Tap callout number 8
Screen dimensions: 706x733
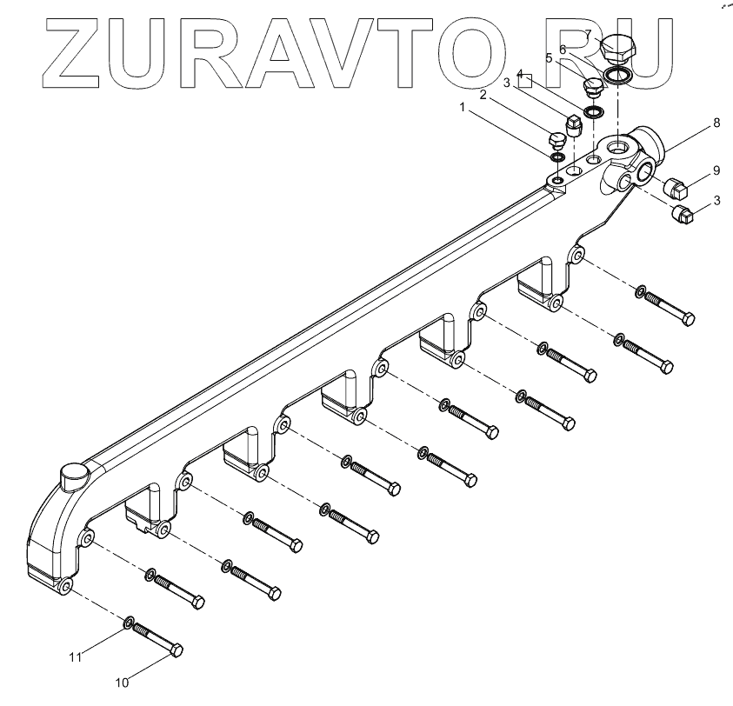coord(716,123)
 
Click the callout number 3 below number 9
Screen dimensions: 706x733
coord(716,200)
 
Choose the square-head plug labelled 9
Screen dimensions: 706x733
coord(676,185)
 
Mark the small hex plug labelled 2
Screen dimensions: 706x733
coord(556,139)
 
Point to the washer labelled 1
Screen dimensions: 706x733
coord(556,157)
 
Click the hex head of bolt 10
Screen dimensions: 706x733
coord(174,650)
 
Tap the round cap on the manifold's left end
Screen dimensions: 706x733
coord(72,475)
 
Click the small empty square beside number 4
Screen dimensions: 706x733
coord(526,83)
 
